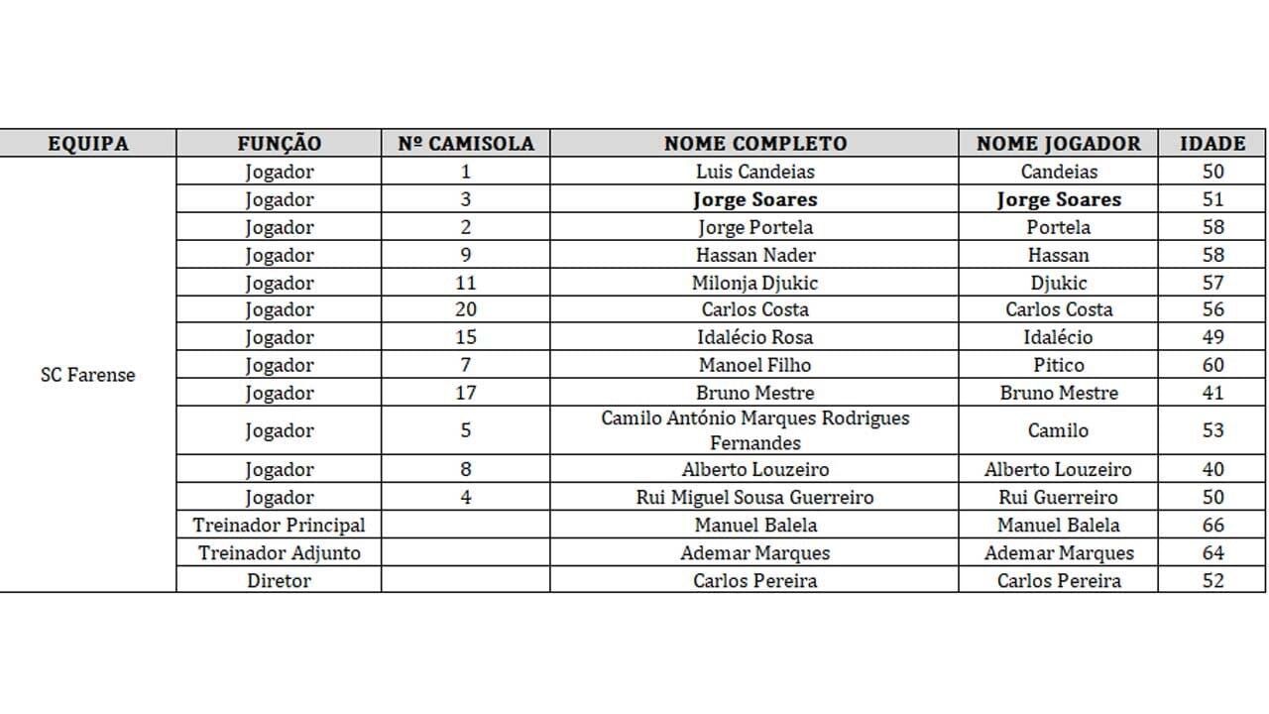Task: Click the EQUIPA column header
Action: (88, 143)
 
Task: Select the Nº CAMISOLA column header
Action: (466, 143)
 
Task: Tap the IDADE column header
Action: (1212, 143)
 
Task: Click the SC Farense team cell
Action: (88, 376)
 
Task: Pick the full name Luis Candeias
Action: (754, 172)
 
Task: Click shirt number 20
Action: (466, 309)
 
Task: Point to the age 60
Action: (1212, 365)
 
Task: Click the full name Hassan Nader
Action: (754, 255)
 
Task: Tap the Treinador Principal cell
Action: (279, 525)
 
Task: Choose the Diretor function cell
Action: (279, 580)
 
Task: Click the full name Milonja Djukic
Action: (754, 283)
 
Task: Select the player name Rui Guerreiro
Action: (1057, 497)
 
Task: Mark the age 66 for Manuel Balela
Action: (1212, 525)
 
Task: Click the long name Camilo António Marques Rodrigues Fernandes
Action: (754, 430)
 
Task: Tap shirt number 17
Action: (466, 393)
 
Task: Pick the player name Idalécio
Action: (1058, 337)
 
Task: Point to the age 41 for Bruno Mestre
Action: (1212, 393)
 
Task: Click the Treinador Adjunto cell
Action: (279, 552)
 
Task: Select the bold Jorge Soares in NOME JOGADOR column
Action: (1058, 199)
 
